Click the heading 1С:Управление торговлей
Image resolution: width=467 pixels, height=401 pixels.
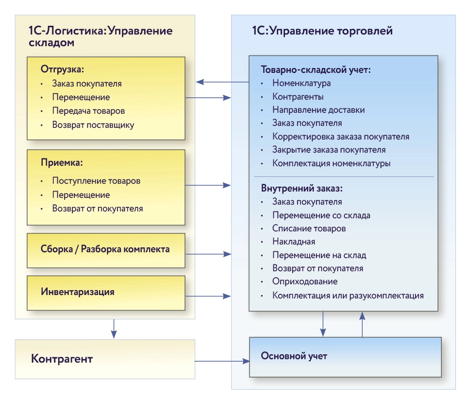click(322, 31)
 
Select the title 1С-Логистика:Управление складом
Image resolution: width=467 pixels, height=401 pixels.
click(100, 37)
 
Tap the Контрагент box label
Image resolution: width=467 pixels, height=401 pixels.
click(62, 359)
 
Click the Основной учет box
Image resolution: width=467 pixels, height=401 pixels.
click(345, 356)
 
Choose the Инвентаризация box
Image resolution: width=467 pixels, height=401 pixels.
click(106, 293)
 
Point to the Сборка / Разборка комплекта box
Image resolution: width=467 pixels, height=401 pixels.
click(106, 250)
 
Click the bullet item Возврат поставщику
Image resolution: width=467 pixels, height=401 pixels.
click(93, 125)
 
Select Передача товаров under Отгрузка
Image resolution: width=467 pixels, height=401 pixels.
click(88, 111)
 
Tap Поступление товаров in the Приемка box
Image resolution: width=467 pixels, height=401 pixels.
click(96, 181)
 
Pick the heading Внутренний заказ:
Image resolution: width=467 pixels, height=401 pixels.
click(302, 188)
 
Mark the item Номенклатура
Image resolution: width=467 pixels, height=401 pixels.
click(301, 83)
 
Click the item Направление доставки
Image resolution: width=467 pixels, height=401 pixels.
click(318, 110)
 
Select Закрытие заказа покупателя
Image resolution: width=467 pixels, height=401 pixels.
click(329, 150)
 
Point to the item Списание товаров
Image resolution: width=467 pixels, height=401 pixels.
click(309, 228)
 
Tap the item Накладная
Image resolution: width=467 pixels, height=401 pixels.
click(294, 242)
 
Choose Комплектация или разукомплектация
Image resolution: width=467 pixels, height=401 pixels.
click(348, 295)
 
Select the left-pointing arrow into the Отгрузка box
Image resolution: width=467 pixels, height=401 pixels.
click(214, 83)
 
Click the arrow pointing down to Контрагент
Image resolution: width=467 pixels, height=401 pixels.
click(114, 329)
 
